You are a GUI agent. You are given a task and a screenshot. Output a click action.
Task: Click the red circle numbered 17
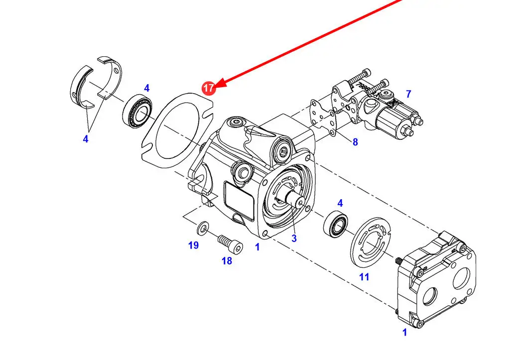click(x=208, y=88)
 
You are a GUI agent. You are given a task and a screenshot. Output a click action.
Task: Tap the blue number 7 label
click(x=408, y=94)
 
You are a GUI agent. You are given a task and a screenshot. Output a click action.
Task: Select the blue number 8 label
click(x=355, y=142)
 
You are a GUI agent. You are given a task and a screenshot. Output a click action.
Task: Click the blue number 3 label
click(x=294, y=239)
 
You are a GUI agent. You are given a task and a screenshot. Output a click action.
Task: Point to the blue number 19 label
click(x=193, y=245)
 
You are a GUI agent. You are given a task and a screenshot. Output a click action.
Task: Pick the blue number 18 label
click(x=227, y=261)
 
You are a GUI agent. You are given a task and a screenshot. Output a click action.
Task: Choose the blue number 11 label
click(x=364, y=277)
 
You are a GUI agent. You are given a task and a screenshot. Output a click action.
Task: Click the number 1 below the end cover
click(x=404, y=332)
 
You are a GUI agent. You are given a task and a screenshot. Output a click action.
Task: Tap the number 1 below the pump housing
click(x=257, y=246)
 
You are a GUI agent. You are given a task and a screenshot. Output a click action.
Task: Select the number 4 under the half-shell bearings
click(x=86, y=139)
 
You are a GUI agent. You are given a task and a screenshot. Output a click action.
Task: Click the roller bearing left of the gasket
click(x=138, y=111)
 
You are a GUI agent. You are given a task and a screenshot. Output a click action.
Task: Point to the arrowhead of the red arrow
click(x=220, y=84)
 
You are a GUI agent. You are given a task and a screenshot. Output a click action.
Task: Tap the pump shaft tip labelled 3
click(x=300, y=201)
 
